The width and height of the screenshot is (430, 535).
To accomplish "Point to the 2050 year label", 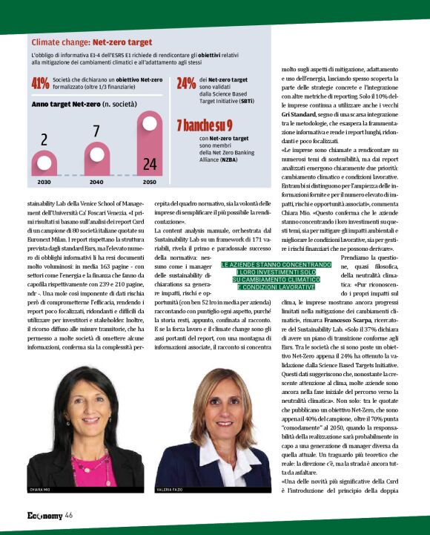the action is [x=149, y=182].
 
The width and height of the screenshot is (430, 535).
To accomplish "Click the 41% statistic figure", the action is [x=40, y=84].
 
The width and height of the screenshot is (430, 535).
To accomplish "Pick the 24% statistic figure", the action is [x=186, y=84].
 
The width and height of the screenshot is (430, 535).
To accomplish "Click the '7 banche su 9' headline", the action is [x=204, y=125].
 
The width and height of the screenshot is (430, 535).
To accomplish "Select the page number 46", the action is [x=68, y=515].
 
